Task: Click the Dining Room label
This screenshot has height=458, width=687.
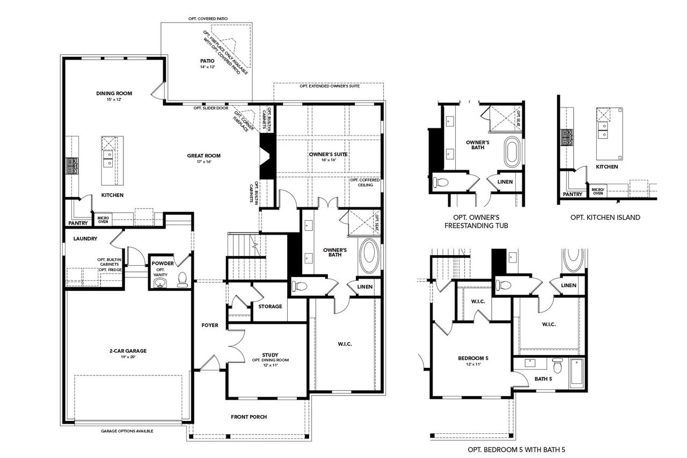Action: (x=114, y=93)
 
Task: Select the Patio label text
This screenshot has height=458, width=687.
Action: (x=207, y=61)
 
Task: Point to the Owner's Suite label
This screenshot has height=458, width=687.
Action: (x=328, y=154)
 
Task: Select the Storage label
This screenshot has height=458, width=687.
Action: (x=270, y=307)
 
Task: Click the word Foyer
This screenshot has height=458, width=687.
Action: (x=209, y=325)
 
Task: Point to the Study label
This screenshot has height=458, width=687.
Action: (x=270, y=354)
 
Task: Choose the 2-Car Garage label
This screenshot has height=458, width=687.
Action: (x=127, y=351)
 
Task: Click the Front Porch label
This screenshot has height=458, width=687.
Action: (x=249, y=417)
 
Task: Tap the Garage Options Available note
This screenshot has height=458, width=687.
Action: (x=127, y=431)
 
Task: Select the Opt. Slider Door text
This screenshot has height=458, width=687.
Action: (x=211, y=108)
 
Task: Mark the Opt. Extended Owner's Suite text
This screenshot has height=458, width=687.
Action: (x=329, y=86)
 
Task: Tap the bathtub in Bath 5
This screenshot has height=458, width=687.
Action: (x=576, y=371)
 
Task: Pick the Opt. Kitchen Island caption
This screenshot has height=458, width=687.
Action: (x=605, y=217)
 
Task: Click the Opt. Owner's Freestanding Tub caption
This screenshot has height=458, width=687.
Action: (x=476, y=222)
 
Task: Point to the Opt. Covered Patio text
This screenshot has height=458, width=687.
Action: (x=207, y=19)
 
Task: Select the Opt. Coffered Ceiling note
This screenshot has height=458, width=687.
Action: (x=364, y=183)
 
